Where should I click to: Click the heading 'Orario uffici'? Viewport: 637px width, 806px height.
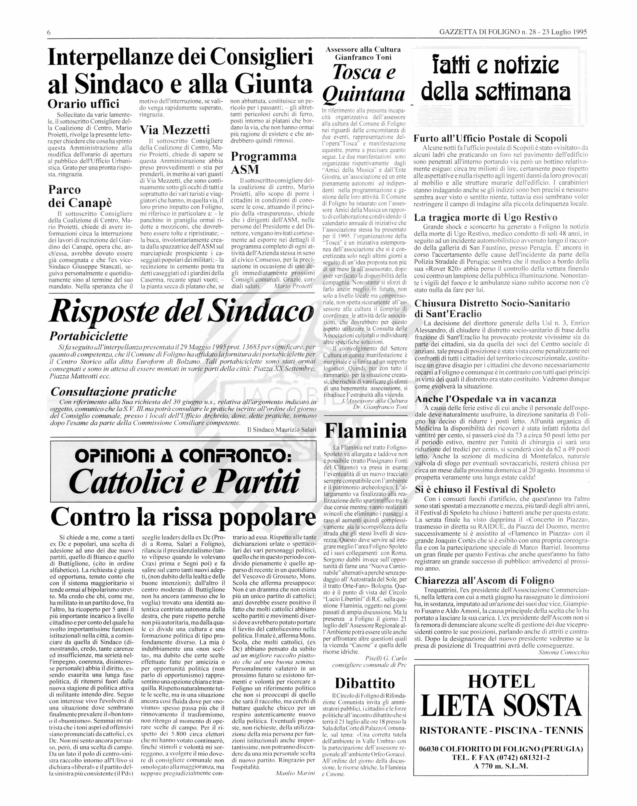(x=84, y=103)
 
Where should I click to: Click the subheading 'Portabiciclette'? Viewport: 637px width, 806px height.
(x=88, y=336)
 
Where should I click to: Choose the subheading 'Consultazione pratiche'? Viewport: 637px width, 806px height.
(x=113, y=392)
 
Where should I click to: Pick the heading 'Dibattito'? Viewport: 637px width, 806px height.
(x=364, y=683)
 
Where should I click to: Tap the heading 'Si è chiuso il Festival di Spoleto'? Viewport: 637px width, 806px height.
(x=485, y=490)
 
